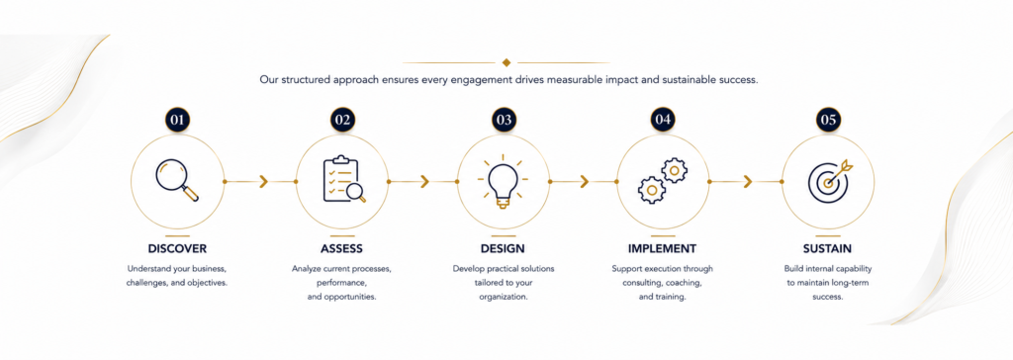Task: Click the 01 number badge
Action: [x=177, y=120]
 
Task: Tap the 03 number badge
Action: [x=504, y=120]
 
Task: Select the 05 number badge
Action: [x=828, y=120]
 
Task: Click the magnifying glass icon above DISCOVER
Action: [x=177, y=180]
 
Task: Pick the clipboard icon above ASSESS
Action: [x=343, y=180]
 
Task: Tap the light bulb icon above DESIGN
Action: [x=504, y=180]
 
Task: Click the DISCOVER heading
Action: [x=177, y=248]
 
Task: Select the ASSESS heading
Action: [x=341, y=248]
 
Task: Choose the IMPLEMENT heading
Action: [x=662, y=248]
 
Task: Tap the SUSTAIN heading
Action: [x=828, y=248]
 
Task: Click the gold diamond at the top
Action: [x=506, y=62]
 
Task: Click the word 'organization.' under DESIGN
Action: [x=504, y=298]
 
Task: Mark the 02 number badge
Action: [x=342, y=120]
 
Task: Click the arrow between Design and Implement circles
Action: [x=583, y=182]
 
